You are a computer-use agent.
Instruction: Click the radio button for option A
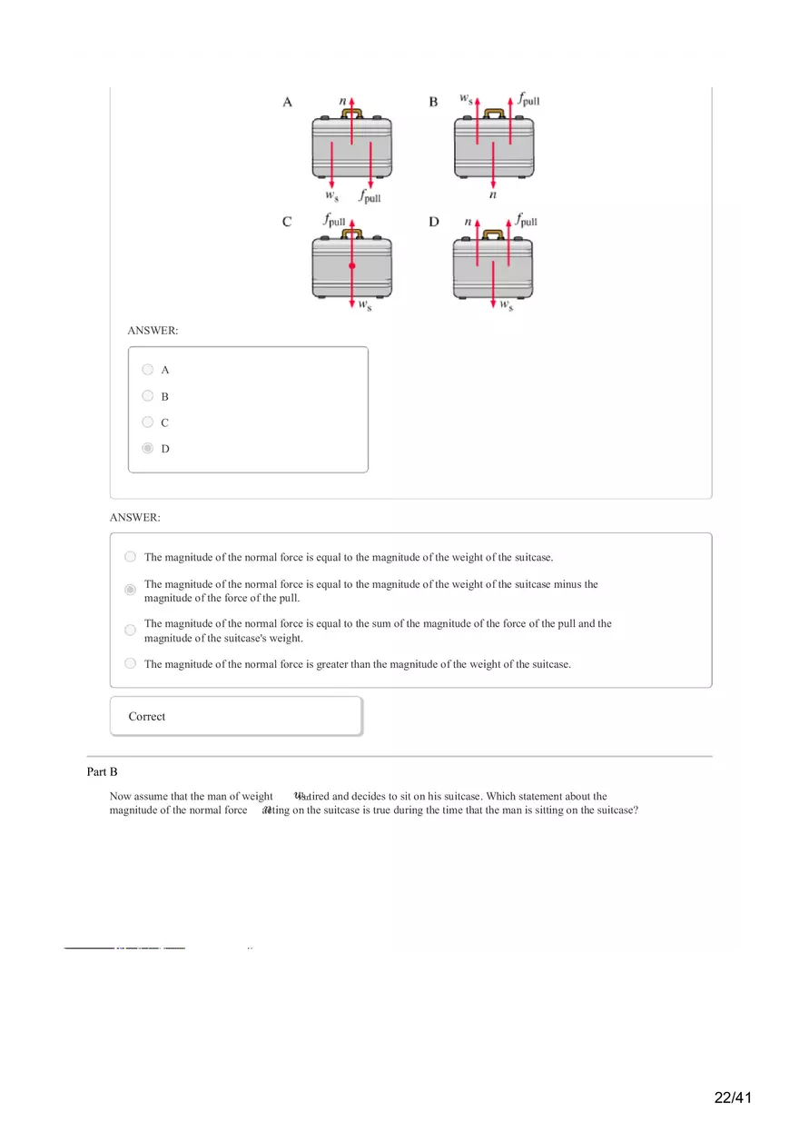click(148, 370)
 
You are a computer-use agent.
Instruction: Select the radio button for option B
click(148, 396)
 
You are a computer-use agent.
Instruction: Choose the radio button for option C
click(148, 422)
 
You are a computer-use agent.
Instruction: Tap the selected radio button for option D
click(148, 449)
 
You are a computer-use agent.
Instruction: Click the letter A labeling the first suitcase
click(287, 103)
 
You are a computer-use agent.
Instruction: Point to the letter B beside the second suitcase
click(433, 103)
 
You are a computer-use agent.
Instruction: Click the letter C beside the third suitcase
click(287, 223)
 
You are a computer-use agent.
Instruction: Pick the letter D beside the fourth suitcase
click(433, 223)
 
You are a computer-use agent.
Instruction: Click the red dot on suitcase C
click(351, 265)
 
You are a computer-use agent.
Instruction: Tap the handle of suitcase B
click(494, 114)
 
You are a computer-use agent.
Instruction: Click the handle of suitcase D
click(494, 234)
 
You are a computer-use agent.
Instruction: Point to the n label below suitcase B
click(493, 194)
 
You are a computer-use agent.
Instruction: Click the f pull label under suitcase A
click(370, 196)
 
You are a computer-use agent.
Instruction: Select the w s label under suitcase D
click(506, 304)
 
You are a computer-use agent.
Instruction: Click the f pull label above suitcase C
click(334, 221)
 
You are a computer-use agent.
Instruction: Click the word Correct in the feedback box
click(147, 717)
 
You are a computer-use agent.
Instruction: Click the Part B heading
click(103, 772)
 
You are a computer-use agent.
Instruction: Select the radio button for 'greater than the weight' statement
click(131, 664)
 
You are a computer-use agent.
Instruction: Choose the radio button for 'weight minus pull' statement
click(131, 591)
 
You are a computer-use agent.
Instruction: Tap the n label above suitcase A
click(342, 101)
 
